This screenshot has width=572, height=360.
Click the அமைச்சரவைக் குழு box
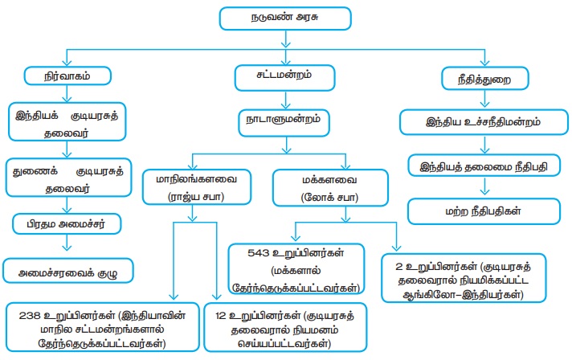coord(67,271)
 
